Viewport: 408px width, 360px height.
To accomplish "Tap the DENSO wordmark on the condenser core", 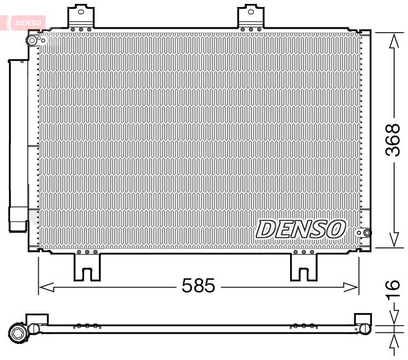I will point(301,228).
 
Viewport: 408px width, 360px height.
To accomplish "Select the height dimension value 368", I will point(392,140).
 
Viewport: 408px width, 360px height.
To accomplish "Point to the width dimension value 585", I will point(198,286).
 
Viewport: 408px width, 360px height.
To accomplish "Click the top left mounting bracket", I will point(81,17).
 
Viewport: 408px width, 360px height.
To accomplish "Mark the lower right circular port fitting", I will point(365,233).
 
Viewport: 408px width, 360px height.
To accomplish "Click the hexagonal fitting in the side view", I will point(18,332).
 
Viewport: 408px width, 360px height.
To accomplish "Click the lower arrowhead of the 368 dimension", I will point(394,239).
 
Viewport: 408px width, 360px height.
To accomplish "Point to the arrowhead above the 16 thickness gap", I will point(394,319).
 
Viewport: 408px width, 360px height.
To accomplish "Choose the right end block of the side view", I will point(363,324).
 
